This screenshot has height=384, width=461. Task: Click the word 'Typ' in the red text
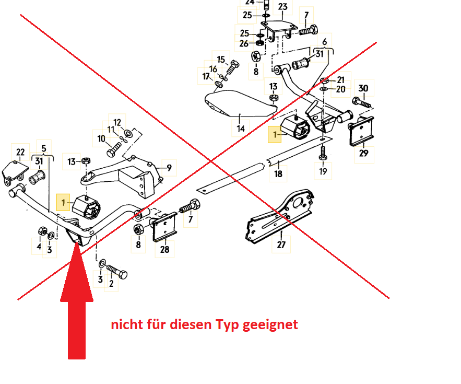(228, 325)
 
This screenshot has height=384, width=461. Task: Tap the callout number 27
(281, 245)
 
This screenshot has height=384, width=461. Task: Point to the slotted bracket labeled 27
(280, 215)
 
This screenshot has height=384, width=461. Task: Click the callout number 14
(241, 129)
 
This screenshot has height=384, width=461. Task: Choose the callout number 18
(278, 174)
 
